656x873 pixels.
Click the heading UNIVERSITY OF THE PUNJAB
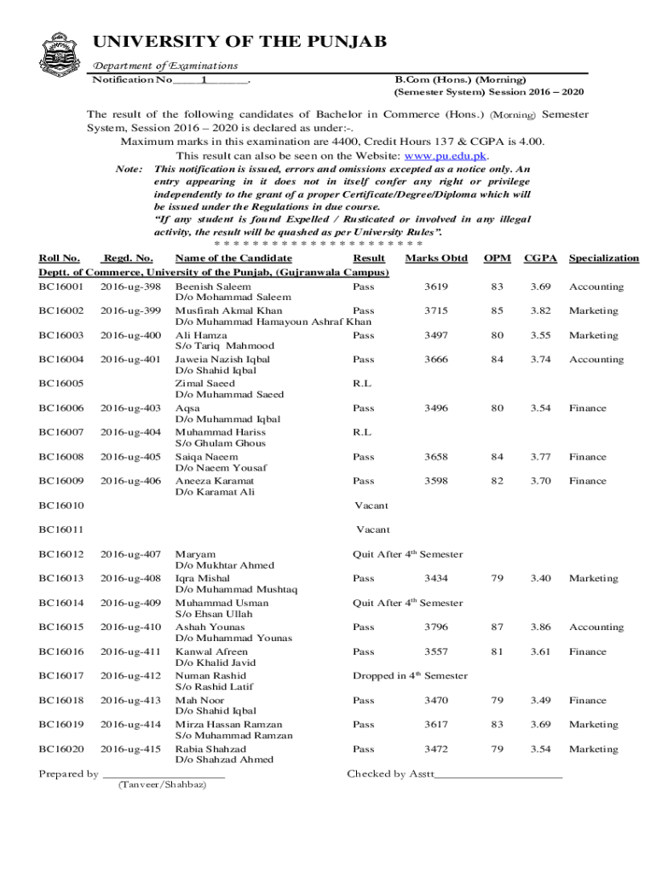(x=239, y=42)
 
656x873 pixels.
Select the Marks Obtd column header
(x=436, y=258)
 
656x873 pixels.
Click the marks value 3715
(x=435, y=311)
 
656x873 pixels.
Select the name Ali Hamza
(x=201, y=336)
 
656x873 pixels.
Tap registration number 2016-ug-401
(x=130, y=360)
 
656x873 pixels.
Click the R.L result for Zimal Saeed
(x=362, y=384)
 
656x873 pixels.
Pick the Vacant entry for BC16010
(x=371, y=506)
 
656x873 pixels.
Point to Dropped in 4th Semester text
(x=410, y=676)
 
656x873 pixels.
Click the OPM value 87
(x=497, y=627)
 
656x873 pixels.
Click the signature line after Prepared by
(x=164, y=775)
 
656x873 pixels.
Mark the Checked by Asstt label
(x=390, y=774)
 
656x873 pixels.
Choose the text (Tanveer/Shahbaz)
(x=162, y=784)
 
